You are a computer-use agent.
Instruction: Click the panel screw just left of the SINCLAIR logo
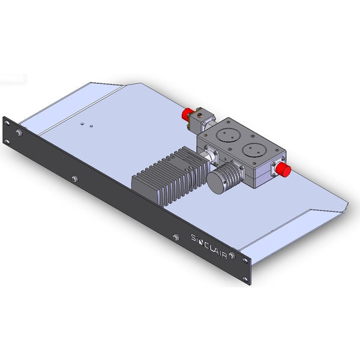(176, 238)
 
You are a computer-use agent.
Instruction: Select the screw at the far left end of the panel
(20, 133)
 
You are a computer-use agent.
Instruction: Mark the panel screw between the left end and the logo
(74, 178)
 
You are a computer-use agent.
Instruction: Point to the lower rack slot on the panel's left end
(8, 142)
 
